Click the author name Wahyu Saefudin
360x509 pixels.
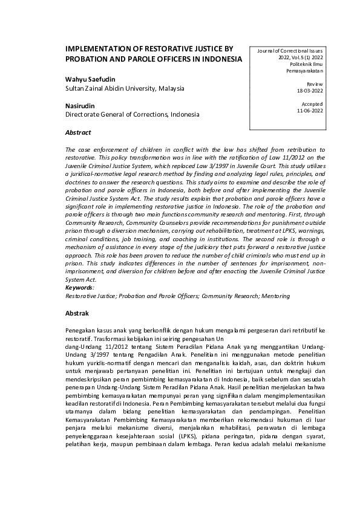tap(90, 79)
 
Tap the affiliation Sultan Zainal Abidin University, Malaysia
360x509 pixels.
tap(124, 88)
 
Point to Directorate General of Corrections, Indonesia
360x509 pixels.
tap(132, 114)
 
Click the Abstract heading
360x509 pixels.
tap(78, 132)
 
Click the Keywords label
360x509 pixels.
tap(79, 288)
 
